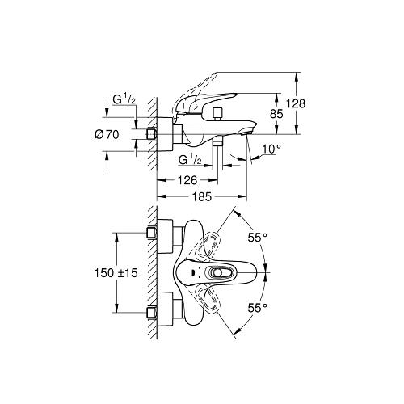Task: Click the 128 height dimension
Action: click(296, 103)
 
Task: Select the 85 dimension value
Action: click(276, 114)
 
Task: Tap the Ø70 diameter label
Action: click(107, 134)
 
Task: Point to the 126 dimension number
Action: click(187, 180)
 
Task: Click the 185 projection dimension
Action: click(202, 197)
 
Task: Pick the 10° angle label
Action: click(271, 149)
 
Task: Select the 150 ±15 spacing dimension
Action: click(116, 273)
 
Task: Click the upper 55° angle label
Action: click(258, 238)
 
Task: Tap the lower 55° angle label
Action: click(258, 308)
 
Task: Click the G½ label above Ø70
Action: click(124, 100)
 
